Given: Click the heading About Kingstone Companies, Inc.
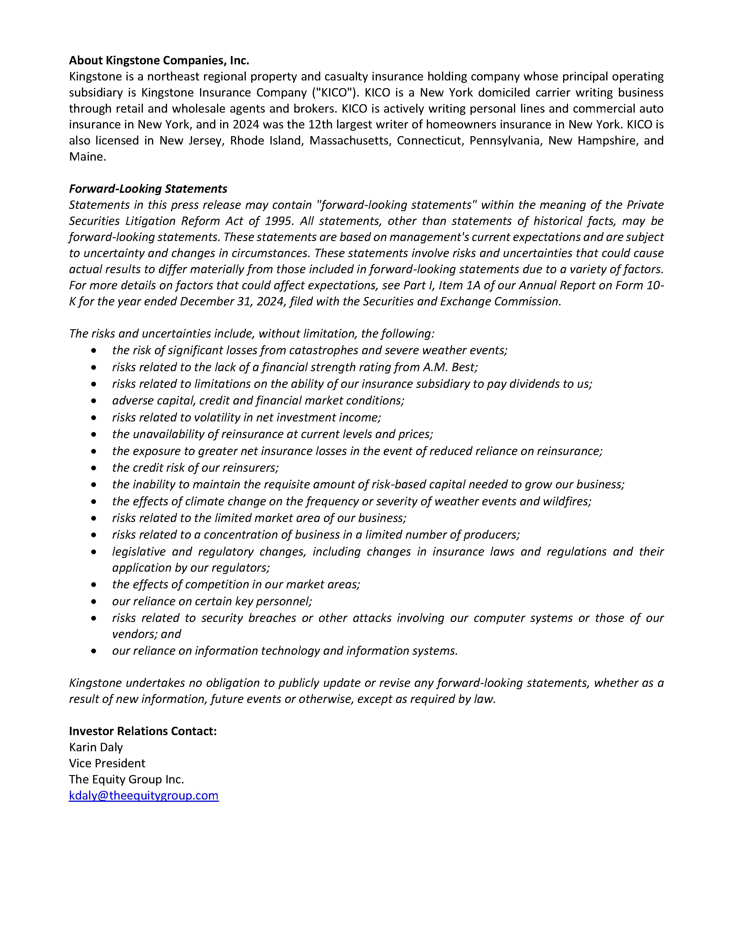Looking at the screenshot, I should (x=159, y=60).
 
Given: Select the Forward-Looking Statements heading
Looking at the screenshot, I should (x=148, y=189).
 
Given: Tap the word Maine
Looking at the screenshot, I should (x=87, y=157).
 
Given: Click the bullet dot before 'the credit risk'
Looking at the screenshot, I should (x=94, y=468).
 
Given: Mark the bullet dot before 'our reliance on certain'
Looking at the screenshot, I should (x=94, y=602).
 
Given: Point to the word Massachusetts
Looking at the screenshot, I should (x=349, y=141).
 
